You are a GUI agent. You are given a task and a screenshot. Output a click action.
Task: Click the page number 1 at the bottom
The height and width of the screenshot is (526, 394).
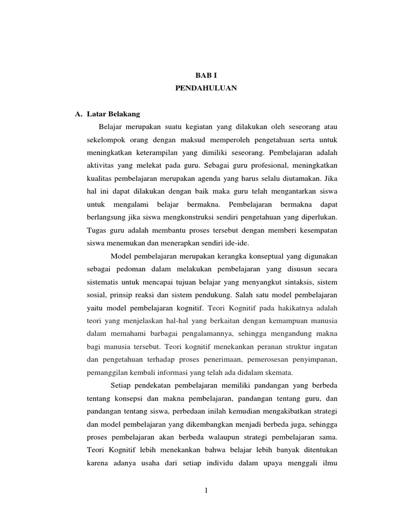pos(205,491)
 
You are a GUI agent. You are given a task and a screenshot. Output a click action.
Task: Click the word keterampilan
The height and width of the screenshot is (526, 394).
pos(160,153)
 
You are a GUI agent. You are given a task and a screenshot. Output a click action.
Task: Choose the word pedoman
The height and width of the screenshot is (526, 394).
pos(127,269)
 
